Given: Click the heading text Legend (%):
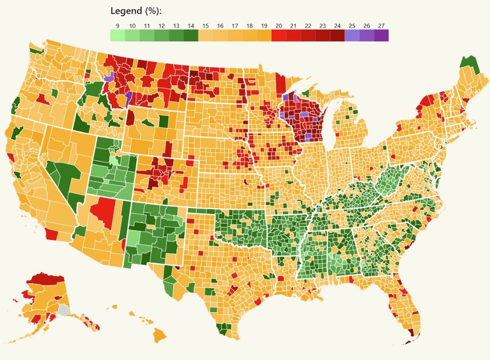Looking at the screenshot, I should (136, 11).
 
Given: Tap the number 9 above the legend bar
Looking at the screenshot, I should (118, 25).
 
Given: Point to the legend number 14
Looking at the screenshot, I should (191, 25).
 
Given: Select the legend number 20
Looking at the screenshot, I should (279, 25).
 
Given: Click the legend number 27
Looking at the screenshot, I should (381, 25).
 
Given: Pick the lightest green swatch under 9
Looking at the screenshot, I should (118, 35).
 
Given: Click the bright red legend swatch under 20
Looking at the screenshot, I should (279, 35).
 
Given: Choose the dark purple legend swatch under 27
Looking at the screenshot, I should (381, 35).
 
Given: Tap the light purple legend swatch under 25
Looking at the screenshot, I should (352, 35).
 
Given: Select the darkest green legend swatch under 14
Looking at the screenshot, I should (191, 35).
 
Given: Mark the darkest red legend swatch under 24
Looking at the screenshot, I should (338, 35).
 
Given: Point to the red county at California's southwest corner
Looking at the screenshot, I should (51, 235).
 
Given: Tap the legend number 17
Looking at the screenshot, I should (235, 25).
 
